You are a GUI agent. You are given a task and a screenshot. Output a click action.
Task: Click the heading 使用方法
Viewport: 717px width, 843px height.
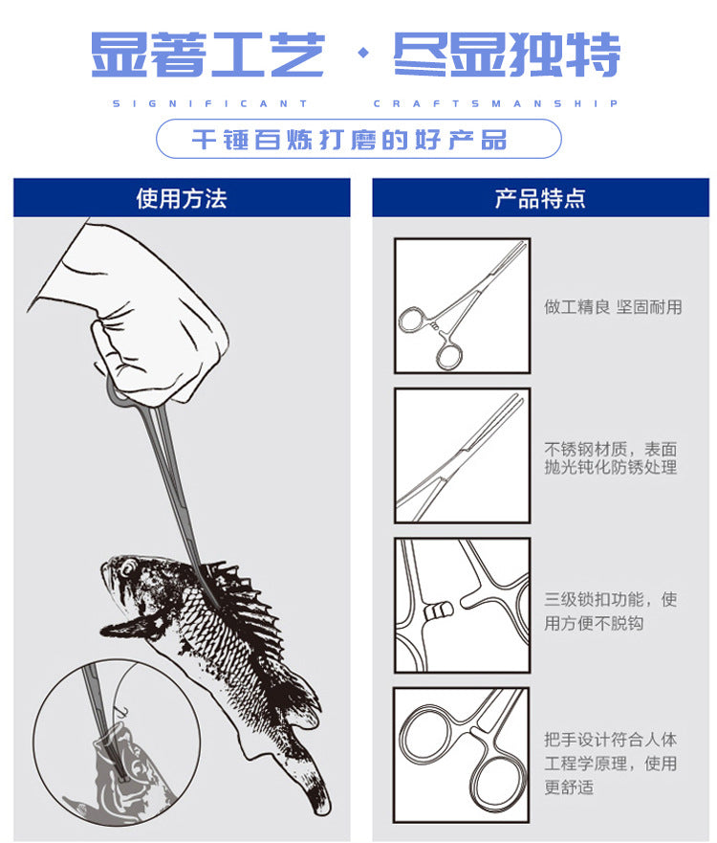point(182,198)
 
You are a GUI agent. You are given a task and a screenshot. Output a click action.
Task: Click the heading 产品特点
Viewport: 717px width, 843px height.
point(540,198)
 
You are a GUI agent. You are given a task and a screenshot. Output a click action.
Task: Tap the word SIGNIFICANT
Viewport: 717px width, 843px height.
point(210,103)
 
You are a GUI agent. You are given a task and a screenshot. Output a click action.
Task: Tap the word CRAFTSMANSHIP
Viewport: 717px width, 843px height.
point(496,103)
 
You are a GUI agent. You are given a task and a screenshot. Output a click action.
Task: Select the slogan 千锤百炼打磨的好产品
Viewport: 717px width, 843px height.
point(350,140)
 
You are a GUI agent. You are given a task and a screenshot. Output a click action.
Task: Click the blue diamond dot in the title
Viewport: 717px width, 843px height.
point(364,53)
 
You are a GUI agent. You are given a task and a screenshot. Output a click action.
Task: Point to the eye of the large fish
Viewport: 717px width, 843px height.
point(128,567)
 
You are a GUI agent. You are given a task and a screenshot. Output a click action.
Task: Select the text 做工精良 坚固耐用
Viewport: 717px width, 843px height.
point(613,307)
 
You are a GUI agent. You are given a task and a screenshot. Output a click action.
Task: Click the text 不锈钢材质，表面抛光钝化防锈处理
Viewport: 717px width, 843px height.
point(611,458)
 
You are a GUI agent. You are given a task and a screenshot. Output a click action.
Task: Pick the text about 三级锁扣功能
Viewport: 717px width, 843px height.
point(611,611)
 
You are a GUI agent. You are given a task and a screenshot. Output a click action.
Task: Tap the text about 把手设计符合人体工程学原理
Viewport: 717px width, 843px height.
point(611,764)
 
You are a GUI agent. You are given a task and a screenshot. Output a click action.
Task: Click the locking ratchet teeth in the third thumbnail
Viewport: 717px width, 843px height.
point(439,610)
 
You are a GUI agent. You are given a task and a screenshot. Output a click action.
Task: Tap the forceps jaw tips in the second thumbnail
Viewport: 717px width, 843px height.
point(513,402)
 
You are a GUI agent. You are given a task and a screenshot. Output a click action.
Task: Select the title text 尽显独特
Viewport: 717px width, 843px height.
point(508,54)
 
